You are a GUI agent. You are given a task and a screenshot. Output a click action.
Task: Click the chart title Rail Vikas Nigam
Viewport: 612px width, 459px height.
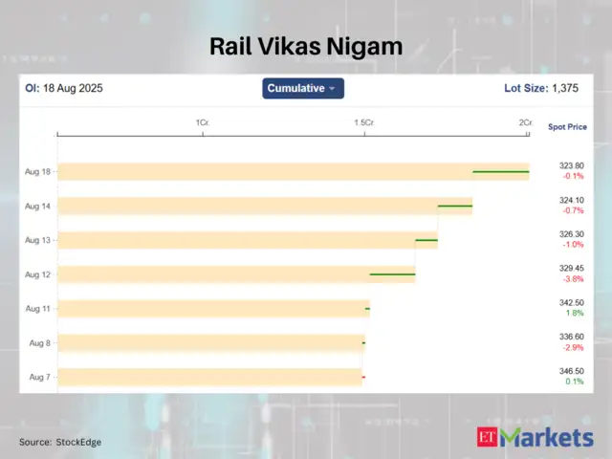point(306,45)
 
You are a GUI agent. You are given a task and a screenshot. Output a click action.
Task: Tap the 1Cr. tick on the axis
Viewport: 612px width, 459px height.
point(203,123)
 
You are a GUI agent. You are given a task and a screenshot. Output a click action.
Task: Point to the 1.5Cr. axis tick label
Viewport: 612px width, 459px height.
point(363,123)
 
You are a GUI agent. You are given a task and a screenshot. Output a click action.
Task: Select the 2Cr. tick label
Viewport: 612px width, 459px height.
point(526,123)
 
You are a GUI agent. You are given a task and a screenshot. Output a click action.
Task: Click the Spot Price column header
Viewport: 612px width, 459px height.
point(567,126)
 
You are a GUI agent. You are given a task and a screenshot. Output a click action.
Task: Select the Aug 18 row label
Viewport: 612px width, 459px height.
point(38,171)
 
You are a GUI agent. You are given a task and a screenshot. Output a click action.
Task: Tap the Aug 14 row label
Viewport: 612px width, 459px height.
point(38,206)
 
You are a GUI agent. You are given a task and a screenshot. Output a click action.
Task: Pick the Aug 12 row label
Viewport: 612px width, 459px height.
point(38,274)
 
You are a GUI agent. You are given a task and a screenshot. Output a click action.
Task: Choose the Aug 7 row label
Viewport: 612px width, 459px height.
point(39,377)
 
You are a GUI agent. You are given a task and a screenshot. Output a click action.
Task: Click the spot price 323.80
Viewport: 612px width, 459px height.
point(571,165)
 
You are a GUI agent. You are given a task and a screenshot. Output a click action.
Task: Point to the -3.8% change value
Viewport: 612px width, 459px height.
point(572,279)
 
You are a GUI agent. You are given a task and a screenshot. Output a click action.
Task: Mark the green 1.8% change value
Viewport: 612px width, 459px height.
point(574,314)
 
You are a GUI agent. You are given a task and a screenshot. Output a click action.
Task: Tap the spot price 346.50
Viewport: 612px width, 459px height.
point(571,371)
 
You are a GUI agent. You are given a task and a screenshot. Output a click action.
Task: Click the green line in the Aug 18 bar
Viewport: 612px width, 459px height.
point(501,172)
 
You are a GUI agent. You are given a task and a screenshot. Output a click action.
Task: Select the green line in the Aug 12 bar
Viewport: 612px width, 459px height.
point(392,274)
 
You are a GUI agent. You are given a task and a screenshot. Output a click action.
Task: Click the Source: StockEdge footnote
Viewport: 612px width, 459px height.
point(60,442)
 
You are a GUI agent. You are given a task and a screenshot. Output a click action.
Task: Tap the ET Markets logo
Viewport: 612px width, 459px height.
point(535,438)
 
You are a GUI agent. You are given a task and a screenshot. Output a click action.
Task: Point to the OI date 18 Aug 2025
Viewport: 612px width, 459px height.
point(73,88)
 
